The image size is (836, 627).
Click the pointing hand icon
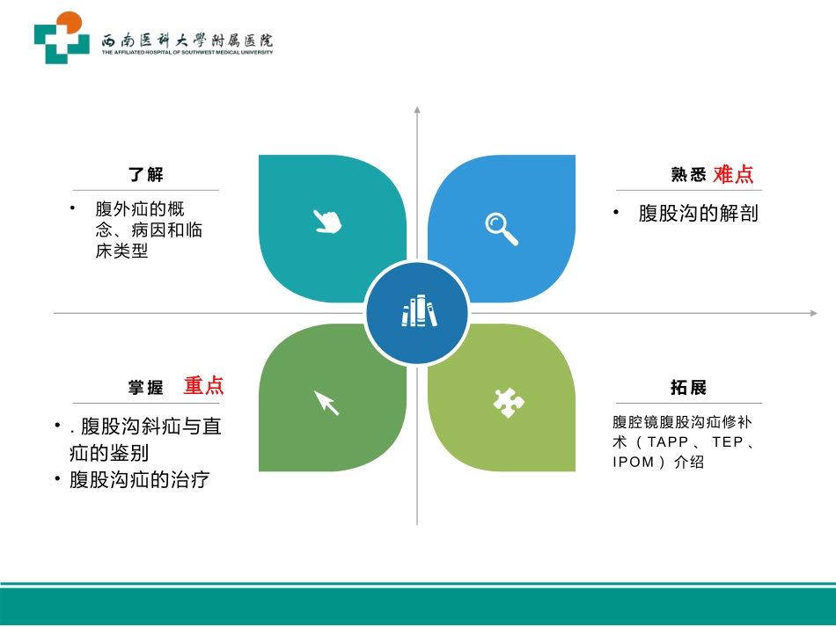click(x=327, y=221)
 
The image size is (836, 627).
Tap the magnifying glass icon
click(x=502, y=228)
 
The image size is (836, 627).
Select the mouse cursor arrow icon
click(x=326, y=402)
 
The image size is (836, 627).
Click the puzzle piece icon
click(x=508, y=402)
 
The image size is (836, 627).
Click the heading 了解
click(x=146, y=175)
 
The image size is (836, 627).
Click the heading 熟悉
click(x=688, y=175)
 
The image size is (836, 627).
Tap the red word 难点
click(x=733, y=174)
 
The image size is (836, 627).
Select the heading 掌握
click(x=146, y=388)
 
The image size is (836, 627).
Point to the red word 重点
click(x=203, y=385)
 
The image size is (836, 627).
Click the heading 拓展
click(x=688, y=388)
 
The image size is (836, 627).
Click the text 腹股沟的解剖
click(x=698, y=214)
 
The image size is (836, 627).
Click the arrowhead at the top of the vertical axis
click(x=417, y=110)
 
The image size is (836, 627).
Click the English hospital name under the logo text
click(x=187, y=53)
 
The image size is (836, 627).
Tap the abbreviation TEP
click(x=728, y=442)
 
